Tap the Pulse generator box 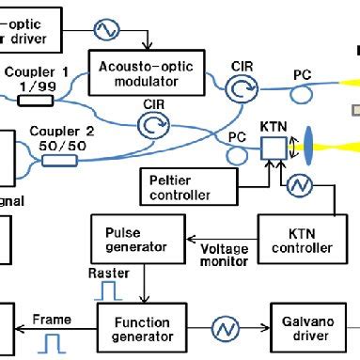coord(135,239)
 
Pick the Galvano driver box coord(305,327)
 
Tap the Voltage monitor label coord(225,256)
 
